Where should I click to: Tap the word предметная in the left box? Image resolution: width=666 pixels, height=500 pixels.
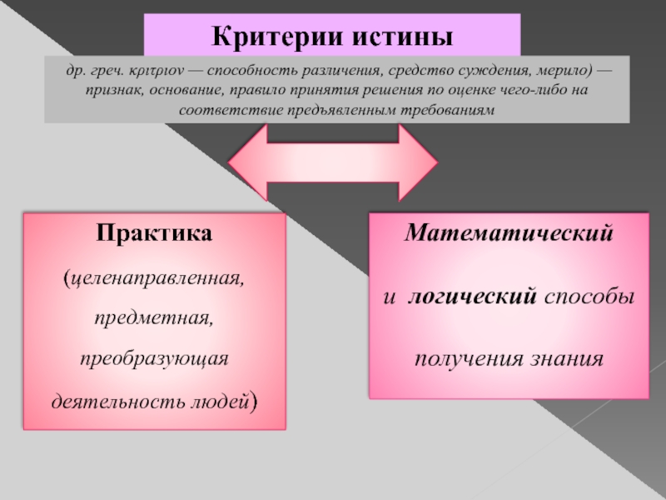point(154,317)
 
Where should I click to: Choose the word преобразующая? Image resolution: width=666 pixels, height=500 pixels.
point(154,359)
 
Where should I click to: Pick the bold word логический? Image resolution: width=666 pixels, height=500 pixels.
point(470,297)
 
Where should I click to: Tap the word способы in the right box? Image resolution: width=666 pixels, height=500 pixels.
point(589,297)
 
